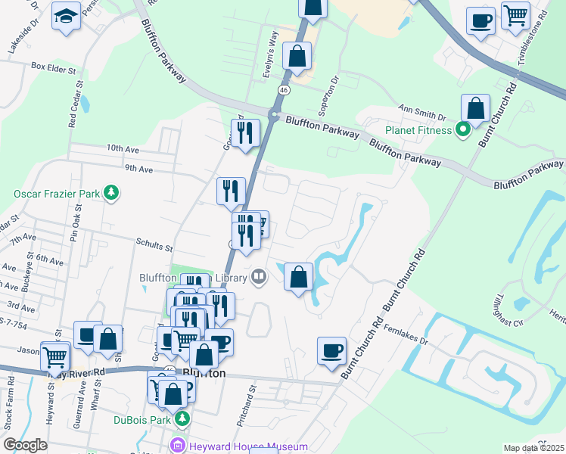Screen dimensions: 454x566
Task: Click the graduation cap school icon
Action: (x=66, y=15)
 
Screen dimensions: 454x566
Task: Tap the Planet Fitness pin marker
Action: (x=463, y=129)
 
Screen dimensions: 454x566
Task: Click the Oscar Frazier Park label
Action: (x=57, y=194)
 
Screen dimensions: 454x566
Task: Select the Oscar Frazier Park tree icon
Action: (x=112, y=193)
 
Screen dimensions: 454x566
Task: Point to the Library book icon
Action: (x=259, y=277)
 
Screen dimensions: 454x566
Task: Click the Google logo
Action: (x=25, y=445)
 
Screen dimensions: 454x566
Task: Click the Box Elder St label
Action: (x=55, y=67)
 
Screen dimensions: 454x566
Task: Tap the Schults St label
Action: (x=155, y=247)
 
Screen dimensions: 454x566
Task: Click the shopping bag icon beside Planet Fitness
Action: (x=476, y=108)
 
